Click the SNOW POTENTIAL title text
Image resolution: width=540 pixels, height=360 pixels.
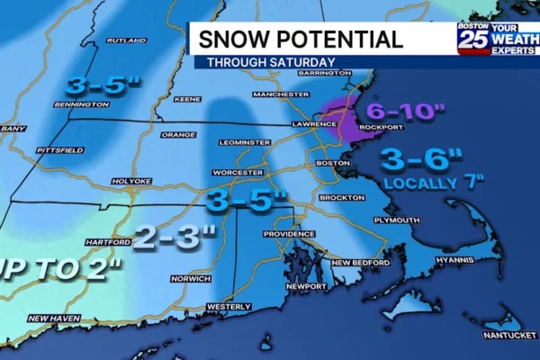[x=301, y=40]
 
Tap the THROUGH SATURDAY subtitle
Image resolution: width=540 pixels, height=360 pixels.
[x=272, y=62]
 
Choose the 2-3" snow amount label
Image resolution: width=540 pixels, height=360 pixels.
[x=176, y=237]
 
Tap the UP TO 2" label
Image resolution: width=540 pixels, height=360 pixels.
[x=55, y=268]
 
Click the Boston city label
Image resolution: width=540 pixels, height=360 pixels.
[x=333, y=163]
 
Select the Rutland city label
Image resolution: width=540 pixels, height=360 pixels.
[x=126, y=40]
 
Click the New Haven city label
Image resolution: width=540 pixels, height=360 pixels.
[x=54, y=318]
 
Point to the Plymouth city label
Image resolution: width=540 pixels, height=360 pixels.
[x=398, y=220]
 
